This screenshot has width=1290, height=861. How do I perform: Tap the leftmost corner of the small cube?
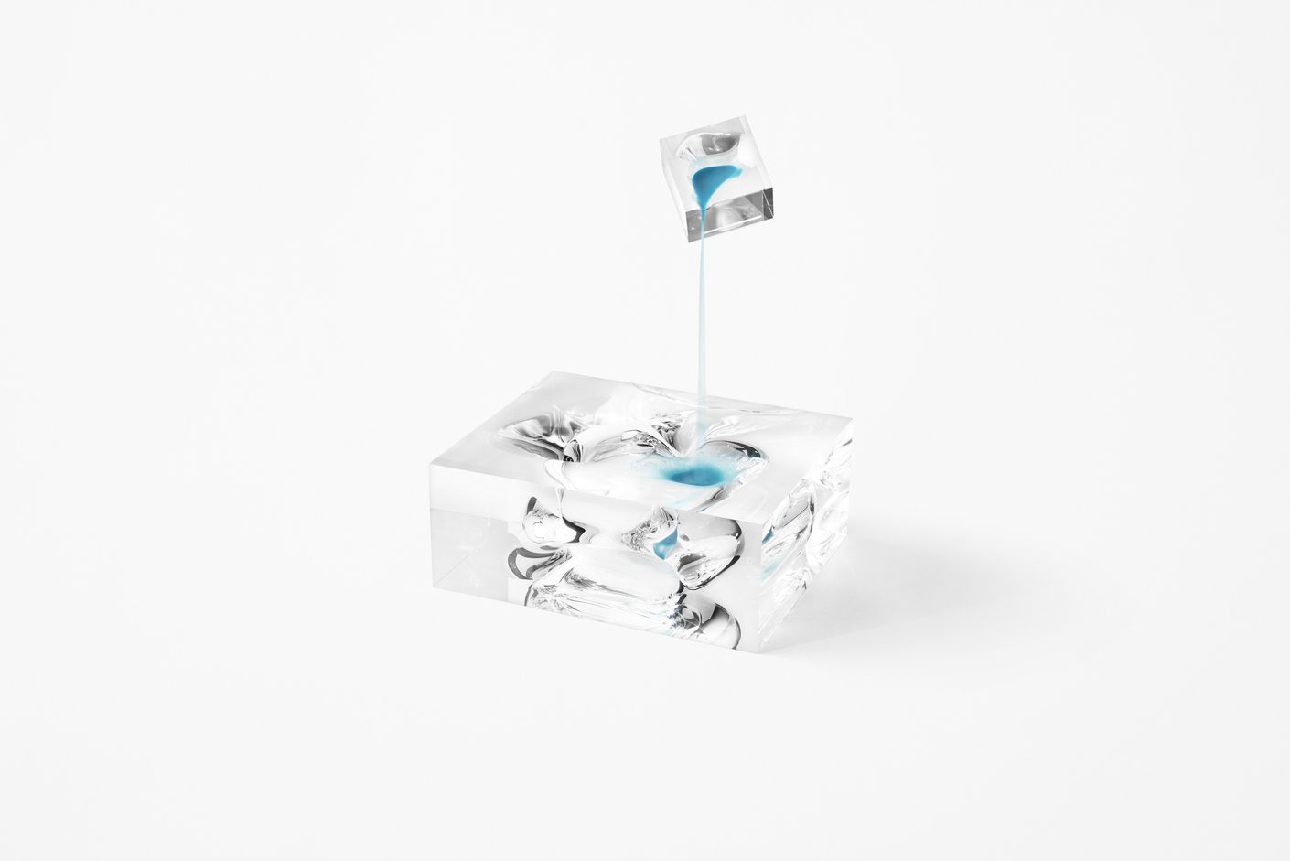click(x=661, y=142)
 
